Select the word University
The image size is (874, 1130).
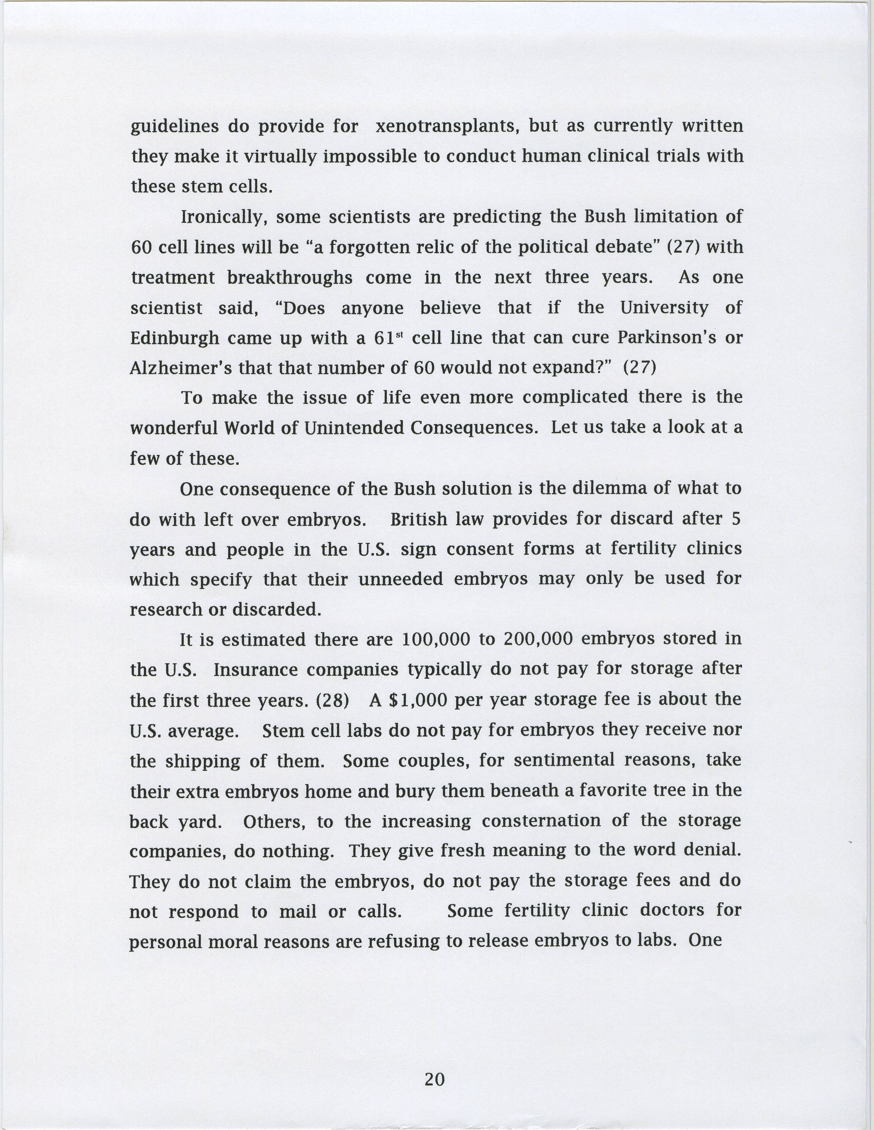click(664, 308)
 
